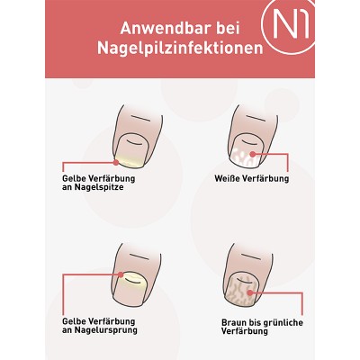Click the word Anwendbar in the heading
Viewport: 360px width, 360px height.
tap(164, 29)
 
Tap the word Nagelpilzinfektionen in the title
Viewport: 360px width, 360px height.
tap(180, 48)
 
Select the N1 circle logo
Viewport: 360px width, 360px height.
tap(288, 27)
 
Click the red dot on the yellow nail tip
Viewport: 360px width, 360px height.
tap(116, 163)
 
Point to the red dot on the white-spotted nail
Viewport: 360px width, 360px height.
tap(253, 154)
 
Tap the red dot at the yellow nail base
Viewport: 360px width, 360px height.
tap(121, 274)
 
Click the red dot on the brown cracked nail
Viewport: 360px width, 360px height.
tap(250, 292)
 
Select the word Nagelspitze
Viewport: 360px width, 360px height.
tap(99, 187)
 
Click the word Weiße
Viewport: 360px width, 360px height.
tap(227, 178)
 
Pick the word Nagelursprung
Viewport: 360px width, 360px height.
tap(105, 330)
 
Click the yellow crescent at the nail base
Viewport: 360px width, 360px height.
tap(132, 277)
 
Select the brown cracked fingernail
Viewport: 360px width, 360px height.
tap(242, 290)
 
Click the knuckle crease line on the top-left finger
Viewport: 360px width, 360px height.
tap(140, 118)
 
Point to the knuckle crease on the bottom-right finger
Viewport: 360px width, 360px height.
tap(250, 257)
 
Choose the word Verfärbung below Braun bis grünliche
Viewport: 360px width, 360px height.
tap(245, 331)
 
